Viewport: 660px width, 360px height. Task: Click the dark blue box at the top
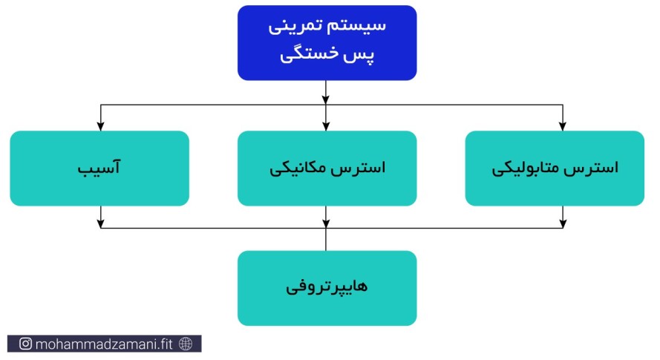pyautogui.click(x=327, y=42)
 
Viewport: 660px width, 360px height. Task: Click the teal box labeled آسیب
pyautogui.click(x=99, y=168)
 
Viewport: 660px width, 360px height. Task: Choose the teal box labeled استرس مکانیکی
pyautogui.click(x=327, y=168)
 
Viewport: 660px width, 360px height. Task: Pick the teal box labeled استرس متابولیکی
pyautogui.click(x=555, y=168)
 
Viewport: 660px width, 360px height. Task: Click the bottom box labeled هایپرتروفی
pyautogui.click(x=327, y=288)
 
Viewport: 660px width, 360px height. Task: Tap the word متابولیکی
pyautogui.click(x=526, y=168)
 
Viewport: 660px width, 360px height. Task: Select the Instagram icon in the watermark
pyautogui.click(x=25, y=344)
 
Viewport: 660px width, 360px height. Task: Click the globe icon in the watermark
pyautogui.click(x=186, y=344)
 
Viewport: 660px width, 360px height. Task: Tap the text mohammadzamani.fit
pyautogui.click(x=104, y=344)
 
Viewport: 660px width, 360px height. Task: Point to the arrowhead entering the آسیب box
pyautogui.click(x=101, y=126)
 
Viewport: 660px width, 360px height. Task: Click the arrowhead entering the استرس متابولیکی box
pyautogui.click(x=563, y=126)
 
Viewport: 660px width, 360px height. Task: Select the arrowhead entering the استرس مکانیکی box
pyautogui.click(x=326, y=126)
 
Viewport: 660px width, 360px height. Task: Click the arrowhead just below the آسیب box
pyautogui.click(x=101, y=223)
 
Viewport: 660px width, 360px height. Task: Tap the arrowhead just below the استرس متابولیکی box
pyautogui.click(x=563, y=223)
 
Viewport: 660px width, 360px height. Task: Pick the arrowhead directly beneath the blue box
pyautogui.click(x=326, y=99)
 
